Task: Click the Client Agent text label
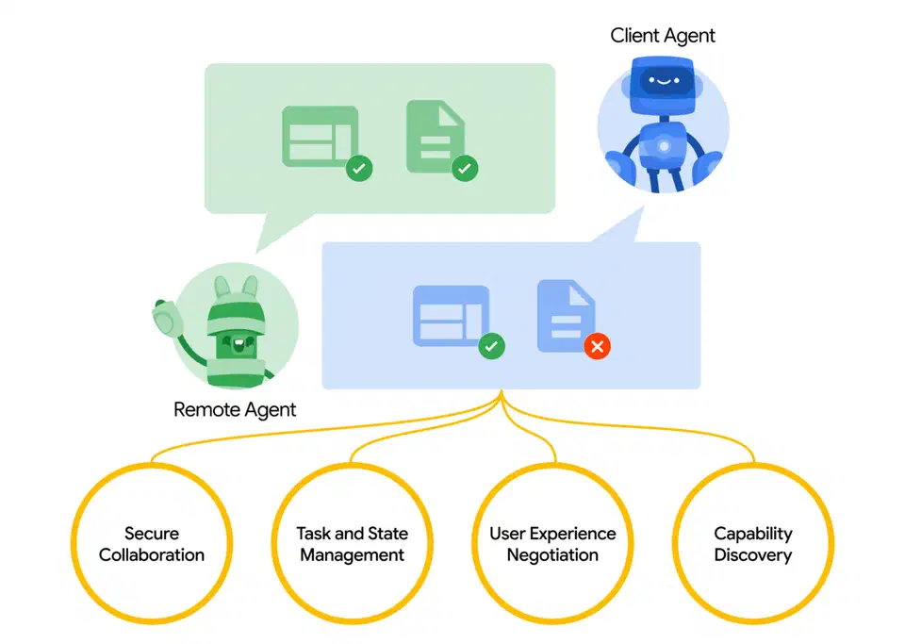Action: [x=663, y=36]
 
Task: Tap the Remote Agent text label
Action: [x=235, y=409]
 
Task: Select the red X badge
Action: [x=597, y=346]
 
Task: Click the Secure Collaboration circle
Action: [x=152, y=544]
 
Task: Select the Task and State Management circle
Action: [x=352, y=544]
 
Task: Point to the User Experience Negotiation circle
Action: [x=552, y=544]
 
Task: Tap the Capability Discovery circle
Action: [x=752, y=544]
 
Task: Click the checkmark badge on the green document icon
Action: [x=465, y=170]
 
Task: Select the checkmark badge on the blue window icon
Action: [x=491, y=346]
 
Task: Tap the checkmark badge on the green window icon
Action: [x=359, y=170]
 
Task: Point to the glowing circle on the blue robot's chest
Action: [x=665, y=146]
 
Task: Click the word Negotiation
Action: [x=552, y=555]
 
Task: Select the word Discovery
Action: [x=752, y=555]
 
